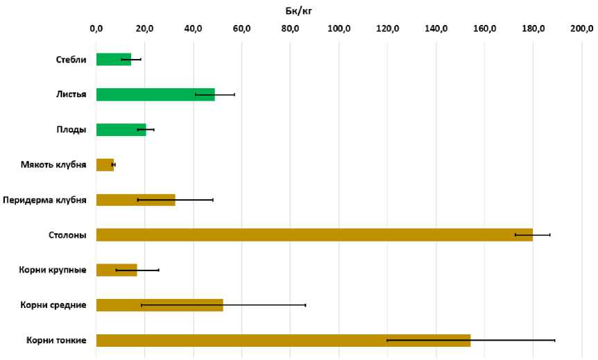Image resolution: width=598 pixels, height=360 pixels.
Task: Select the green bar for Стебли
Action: tap(113, 60)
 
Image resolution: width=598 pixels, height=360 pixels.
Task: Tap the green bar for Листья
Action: tap(155, 94)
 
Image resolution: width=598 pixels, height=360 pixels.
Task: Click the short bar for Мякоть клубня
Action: tap(105, 165)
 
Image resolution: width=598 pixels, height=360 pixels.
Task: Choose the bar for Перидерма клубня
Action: tap(135, 200)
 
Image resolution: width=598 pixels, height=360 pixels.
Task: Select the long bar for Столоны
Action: tap(314, 235)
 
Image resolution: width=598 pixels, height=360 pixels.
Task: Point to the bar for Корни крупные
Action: tap(117, 270)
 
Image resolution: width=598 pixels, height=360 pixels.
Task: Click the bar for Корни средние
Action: tap(160, 305)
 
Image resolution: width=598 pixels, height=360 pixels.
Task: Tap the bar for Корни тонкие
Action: tap(283, 341)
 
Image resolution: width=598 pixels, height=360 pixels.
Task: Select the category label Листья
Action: tap(72, 94)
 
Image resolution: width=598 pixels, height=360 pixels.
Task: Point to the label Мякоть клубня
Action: tap(54, 165)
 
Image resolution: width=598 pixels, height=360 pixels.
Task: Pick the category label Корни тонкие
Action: tap(57, 341)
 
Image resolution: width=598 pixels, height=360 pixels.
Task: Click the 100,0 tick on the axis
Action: tap(339, 28)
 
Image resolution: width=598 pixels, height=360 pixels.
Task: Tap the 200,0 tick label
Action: tap(581, 28)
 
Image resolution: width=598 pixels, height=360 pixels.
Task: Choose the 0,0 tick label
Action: tap(96, 28)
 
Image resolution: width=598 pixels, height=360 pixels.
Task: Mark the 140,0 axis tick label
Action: tap(436, 28)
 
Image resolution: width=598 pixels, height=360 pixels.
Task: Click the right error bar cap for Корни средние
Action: tap(305, 305)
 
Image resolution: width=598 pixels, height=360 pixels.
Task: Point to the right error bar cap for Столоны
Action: tap(550, 235)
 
